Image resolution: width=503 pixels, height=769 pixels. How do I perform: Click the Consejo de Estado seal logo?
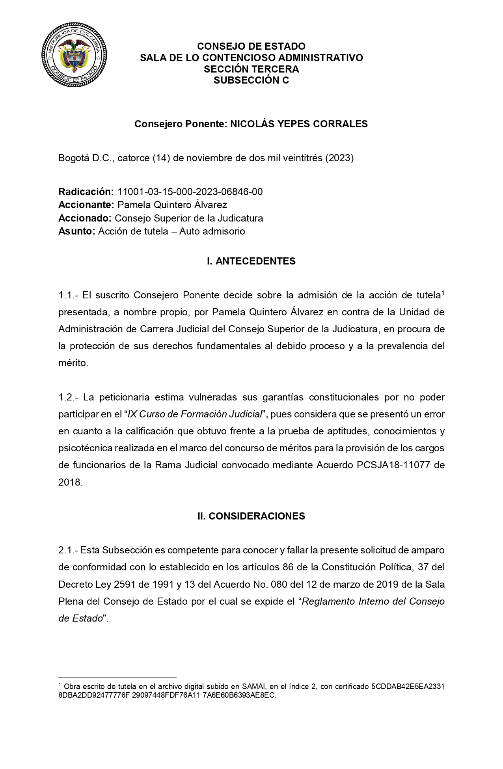(x=75, y=58)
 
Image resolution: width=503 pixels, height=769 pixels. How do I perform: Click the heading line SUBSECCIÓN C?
(x=251, y=80)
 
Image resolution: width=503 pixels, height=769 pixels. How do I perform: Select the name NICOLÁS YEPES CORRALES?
(x=299, y=124)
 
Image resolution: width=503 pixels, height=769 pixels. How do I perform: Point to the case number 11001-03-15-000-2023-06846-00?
(x=190, y=192)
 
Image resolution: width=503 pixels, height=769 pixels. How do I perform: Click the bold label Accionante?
(x=86, y=205)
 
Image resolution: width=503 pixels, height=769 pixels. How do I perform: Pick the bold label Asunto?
(x=76, y=231)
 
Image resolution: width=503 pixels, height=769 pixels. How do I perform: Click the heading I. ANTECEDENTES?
(x=251, y=261)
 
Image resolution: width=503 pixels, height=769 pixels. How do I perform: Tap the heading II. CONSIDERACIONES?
(x=251, y=516)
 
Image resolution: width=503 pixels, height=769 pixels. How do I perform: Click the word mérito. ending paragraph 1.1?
(x=73, y=363)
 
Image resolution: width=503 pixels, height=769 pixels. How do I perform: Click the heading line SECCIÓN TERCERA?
(x=251, y=69)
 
